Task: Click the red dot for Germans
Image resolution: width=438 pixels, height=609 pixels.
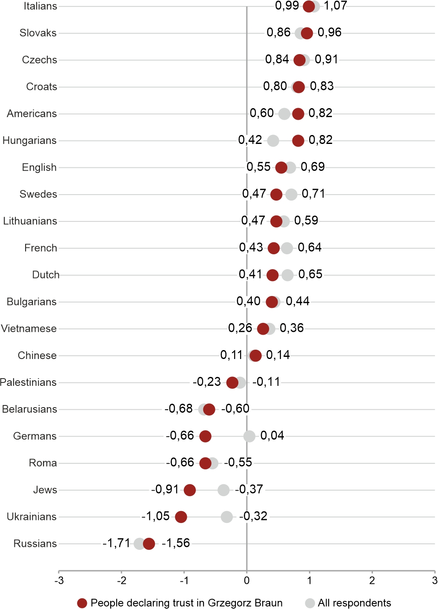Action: [x=205, y=436]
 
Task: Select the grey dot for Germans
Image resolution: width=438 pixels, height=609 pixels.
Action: [x=249, y=436]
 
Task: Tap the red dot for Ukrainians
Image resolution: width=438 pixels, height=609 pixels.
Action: [x=181, y=517]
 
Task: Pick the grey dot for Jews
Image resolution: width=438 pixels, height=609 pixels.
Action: [x=223, y=490]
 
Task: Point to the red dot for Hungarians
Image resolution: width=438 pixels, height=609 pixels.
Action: [x=298, y=141]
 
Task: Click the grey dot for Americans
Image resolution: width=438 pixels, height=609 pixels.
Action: [x=284, y=114]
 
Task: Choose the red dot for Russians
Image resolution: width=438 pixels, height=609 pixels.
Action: [x=149, y=544]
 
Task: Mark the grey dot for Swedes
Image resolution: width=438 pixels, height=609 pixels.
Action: [x=291, y=195]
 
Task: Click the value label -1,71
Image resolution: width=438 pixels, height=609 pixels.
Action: [x=116, y=543]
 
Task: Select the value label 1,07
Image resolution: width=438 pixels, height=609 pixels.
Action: [x=335, y=6]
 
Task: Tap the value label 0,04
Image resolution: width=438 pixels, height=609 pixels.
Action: [x=272, y=435]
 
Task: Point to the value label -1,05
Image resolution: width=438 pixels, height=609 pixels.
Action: [x=155, y=516]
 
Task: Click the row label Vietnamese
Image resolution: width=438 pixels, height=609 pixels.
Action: [x=29, y=328]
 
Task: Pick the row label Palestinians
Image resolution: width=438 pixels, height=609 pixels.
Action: [x=28, y=382]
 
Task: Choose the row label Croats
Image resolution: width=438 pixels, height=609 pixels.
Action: [x=41, y=86]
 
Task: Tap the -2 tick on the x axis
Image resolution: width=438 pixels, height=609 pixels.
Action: [x=121, y=580]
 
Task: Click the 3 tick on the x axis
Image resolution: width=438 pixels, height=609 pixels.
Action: [x=435, y=580]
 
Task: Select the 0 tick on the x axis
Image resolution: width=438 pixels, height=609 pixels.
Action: [x=247, y=580]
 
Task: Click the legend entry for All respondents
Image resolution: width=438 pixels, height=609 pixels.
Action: [x=354, y=603]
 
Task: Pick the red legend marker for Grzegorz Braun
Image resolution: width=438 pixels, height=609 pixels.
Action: [x=82, y=603]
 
